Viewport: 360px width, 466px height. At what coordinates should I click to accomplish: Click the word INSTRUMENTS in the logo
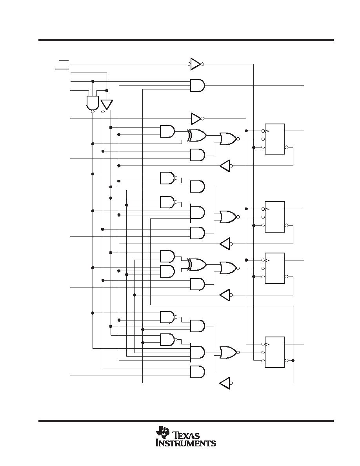tap(186, 443)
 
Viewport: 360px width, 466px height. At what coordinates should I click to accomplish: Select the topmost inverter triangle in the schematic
tap(195, 64)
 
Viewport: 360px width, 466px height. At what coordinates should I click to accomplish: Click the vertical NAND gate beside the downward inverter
tap(93, 103)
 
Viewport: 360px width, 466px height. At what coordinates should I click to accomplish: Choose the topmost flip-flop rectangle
tap(275, 139)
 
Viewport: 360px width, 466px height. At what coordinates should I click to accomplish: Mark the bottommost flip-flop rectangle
tap(275, 352)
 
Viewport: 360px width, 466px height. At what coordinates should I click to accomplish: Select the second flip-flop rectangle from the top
tap(275, 217)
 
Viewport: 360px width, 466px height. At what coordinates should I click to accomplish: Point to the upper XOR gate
tap(197, 135)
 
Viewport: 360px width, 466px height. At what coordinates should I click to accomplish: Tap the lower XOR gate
tap(197, 264)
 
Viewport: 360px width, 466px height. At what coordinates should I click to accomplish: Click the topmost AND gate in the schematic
tap(198, 85)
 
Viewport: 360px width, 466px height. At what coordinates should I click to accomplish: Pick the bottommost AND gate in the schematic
tap(198, 372)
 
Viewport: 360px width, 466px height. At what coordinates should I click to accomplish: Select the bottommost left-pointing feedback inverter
tap(225, 383)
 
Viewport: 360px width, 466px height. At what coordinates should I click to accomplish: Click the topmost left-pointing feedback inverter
tap(225, 166)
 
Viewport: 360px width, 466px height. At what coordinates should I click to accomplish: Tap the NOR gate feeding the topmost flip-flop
tap(228, 139)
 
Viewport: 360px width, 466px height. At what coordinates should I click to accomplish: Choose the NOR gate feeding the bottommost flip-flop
tap(228, 352)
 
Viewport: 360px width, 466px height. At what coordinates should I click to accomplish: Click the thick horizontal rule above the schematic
tap(186, 40)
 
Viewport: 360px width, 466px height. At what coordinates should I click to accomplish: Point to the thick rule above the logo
tap(186, 421)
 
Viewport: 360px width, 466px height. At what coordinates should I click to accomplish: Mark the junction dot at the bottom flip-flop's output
tap(293, 360)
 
